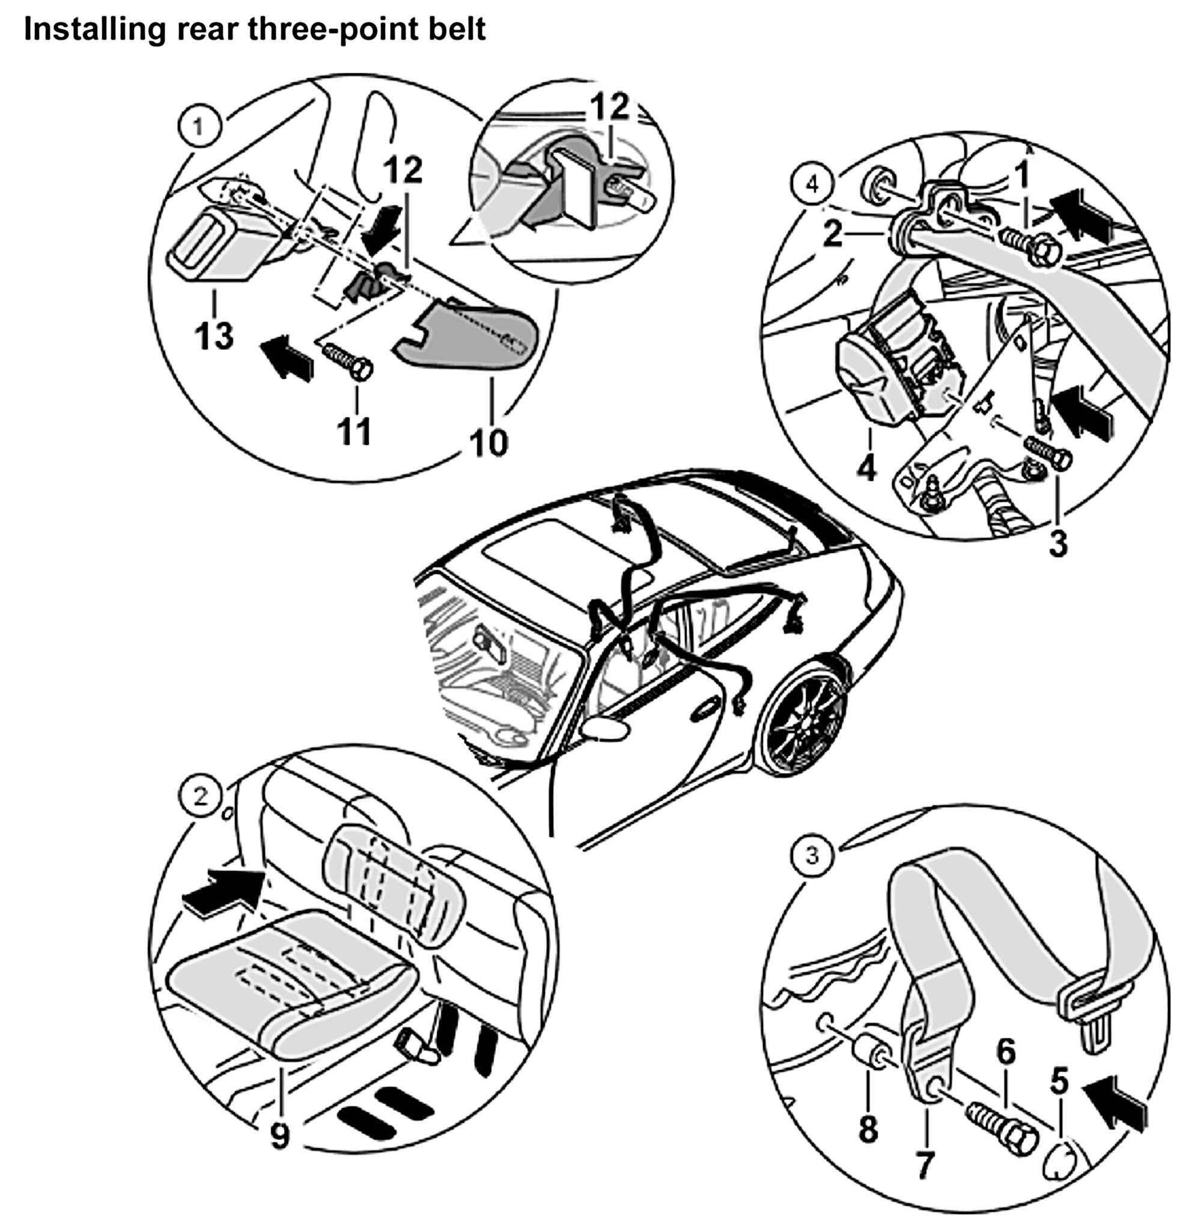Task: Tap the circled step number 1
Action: (x=198, y=127)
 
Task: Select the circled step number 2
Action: (x=201, y=797)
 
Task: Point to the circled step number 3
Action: (x=812, y=856)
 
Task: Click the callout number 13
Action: (x=214, y=336)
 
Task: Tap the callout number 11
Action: (x=355, y=432)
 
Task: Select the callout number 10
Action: (x=489, y=442)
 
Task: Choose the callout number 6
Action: (x=1006, y=1051)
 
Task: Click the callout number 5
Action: (x=1059, y=1081)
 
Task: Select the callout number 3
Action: (x=1058, y=543)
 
